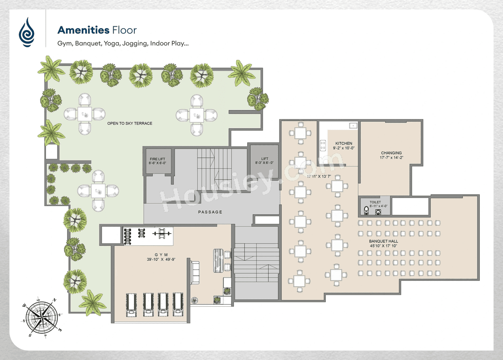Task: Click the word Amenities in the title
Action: tap(83, 30)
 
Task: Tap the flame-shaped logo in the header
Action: tap(27, 32)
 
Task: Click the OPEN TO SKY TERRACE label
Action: tap(130, 123)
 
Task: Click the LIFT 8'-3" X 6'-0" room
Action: tap(264, 160)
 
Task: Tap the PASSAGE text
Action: tap(210, 212)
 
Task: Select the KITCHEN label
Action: tap(343, 143)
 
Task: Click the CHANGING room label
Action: tap(391, 153)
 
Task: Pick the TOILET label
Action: tap(375, 203)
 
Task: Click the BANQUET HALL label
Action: tap(383, 241)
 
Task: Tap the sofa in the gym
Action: tap(195, 273)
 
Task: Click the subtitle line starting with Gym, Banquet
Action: tap(123, 44)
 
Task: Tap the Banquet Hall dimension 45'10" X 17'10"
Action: tap(383, 246)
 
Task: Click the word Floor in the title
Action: tap(124, 30)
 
